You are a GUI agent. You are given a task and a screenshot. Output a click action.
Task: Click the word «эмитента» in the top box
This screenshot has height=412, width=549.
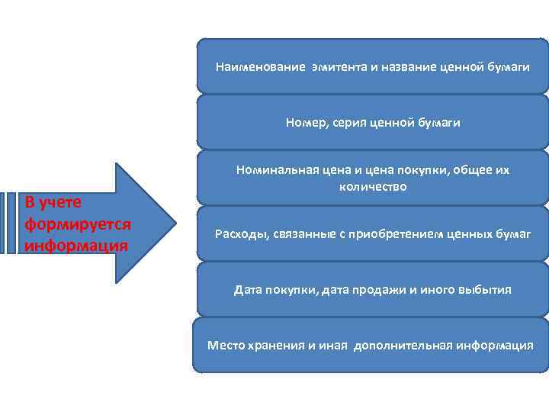pyautogui.click(x=336, y=67)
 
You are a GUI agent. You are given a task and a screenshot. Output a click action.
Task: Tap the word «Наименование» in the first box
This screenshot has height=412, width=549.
pyautogui.click(x=259, y=67)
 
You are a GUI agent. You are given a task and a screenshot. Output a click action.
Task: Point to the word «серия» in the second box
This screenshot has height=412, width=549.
pyautogui.click(x=344, y=122)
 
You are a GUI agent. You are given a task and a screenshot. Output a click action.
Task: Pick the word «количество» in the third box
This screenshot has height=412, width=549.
pyautogui.click(x=373, y=186)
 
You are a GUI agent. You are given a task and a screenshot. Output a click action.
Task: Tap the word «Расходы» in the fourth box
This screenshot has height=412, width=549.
pyautogui.click(x=239, y=233)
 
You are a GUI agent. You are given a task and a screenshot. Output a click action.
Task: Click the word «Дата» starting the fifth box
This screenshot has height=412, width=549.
pyautogui.click(x=248, y=290)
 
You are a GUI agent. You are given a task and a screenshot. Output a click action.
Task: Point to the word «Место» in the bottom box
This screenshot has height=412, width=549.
pyautogui.click(x=225, y=345)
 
